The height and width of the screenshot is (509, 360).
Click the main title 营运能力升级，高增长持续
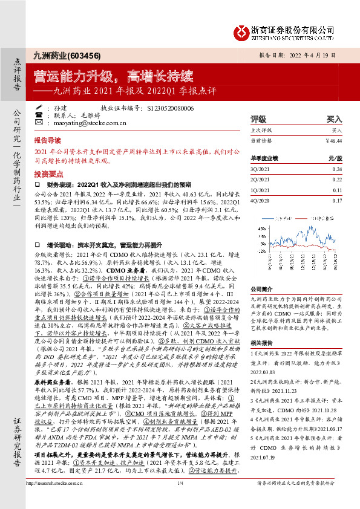[x=114, y=77]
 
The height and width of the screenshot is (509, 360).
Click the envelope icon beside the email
[x=39, y=122]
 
